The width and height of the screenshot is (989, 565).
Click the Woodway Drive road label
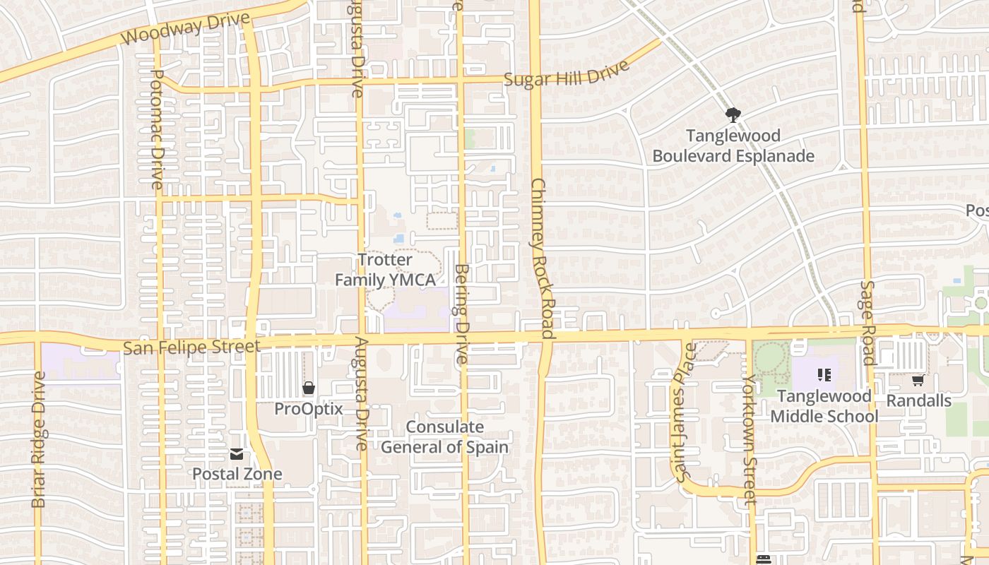tap(186, 29)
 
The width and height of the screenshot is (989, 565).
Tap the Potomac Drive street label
tap(158, 129)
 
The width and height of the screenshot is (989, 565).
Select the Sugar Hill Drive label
tap(567, 74)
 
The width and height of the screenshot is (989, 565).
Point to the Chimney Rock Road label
tap(543, 257)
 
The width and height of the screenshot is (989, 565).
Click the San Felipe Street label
tap(191, 347)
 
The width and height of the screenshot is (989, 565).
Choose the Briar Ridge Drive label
tap(39, 439)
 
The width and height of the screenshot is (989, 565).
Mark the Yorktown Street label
tap(749, 439)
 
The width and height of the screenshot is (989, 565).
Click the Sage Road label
tap(868, 322)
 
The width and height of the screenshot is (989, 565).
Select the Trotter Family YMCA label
tap(385, 270)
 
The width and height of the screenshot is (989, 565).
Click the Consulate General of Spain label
tap(445, 437)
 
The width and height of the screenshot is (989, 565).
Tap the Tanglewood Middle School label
tap(824, 406)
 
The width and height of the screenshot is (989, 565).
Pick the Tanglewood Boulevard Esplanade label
tap(733, 145)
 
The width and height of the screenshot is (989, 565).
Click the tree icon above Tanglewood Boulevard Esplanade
tap(733, 114)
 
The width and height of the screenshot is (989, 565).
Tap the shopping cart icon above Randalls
tap(918, 381)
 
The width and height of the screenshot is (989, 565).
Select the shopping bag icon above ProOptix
tap(309, 388)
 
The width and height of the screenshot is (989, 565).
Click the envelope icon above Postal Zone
tap(237, 454)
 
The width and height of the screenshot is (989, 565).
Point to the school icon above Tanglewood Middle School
tap(824, 375)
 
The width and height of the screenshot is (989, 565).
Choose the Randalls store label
tap(919, 400)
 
